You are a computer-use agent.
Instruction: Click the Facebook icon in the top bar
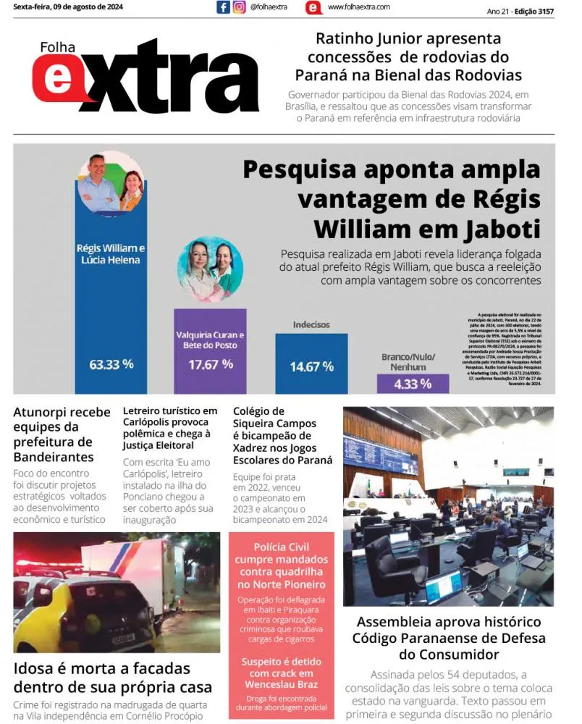click(223, 7)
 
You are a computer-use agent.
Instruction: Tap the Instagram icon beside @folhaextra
click(239, 7)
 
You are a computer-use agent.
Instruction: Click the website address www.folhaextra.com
click(358, 7)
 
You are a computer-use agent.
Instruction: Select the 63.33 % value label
click(111, 364)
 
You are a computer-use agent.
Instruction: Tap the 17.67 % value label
click(211, 364)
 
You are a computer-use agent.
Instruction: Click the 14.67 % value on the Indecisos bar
click(311, 367)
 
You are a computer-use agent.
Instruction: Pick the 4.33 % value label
click(413, 384)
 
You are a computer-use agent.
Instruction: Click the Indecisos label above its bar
click(311, 325)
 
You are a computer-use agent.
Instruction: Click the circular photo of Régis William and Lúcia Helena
click(110, 184)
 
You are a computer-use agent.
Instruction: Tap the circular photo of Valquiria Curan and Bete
click(211, 269)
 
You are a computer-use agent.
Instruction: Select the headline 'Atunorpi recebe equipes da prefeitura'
click(62, 434)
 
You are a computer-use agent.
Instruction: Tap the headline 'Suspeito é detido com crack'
click(282, 673)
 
